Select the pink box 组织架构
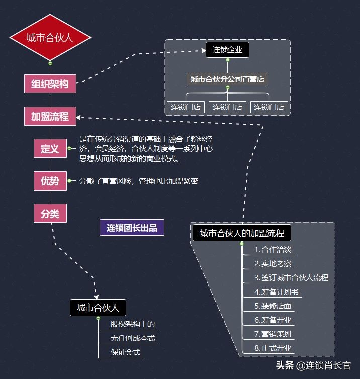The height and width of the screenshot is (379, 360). tap(50, 84)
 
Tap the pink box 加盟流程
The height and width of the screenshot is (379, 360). tap(50, 117)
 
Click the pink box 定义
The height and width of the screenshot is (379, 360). tap(50, 149)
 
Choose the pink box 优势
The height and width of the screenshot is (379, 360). tap(50, 181)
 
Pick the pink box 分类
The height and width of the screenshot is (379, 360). tap(50, 213)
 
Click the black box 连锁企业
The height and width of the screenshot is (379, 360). tap(227, 49)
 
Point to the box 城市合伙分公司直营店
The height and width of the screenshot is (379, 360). tap(227, 79)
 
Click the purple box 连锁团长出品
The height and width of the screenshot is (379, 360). tap(132, 228)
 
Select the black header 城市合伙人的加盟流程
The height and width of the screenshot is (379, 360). tap(242, 233)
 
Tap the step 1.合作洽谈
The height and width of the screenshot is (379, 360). tap(273, 250)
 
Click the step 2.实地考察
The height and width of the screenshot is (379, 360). tap(273, 263)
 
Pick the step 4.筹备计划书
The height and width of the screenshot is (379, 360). tap(277, 292)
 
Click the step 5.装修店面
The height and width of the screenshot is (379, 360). tap(273, 306)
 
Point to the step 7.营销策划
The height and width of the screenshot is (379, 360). tap(273, 334)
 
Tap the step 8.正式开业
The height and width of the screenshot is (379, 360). tap(273, 348)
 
